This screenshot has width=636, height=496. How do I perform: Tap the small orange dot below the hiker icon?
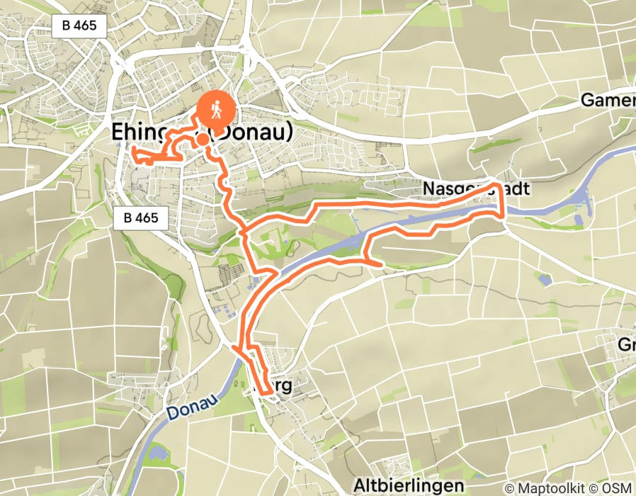coord(203,139)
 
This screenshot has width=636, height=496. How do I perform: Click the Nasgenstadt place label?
coord(476,189)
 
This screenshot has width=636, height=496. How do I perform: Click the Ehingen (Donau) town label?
coord(202,133)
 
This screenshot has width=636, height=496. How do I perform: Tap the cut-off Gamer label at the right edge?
coord(607,101)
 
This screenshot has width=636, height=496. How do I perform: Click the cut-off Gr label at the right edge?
coord(626,345)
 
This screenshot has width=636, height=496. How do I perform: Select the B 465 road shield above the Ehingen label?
coord(79,27)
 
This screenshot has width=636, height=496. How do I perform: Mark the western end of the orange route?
coord(131,147)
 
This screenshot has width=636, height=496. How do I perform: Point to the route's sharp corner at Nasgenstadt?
coord(499,185)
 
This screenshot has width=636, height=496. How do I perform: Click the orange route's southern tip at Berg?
coord(270,391)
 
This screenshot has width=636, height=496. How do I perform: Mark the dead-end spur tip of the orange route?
coord(382,264)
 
